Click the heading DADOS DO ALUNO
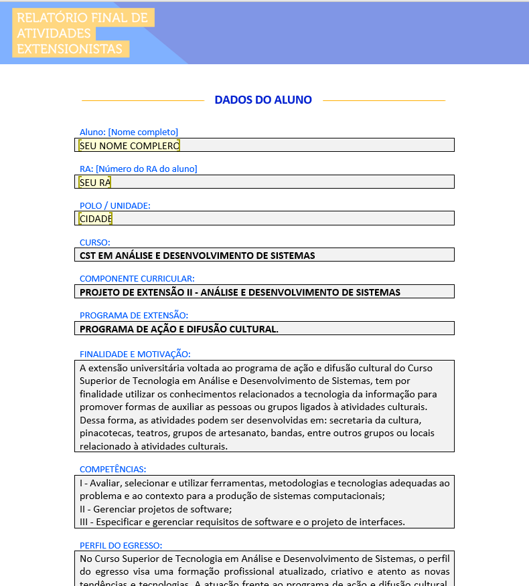point(263,100)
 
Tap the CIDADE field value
point(96,219)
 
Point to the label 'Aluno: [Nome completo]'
point(129,132)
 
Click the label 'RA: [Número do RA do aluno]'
point(138,169)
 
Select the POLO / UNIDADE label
point(115,205)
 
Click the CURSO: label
point(94,242)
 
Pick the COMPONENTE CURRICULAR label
point(137,279)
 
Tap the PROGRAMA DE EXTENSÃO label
point(133,315)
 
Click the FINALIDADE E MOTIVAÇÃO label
point(135,354)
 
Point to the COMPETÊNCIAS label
point(112,470)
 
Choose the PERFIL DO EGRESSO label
point(121,546)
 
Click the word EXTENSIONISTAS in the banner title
point(70,49)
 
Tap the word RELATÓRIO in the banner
point(49,18)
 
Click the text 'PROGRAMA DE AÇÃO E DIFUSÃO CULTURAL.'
point(179,328)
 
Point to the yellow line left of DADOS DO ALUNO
point(142,101)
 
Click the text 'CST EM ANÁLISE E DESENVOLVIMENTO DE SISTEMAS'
point(197,256)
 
